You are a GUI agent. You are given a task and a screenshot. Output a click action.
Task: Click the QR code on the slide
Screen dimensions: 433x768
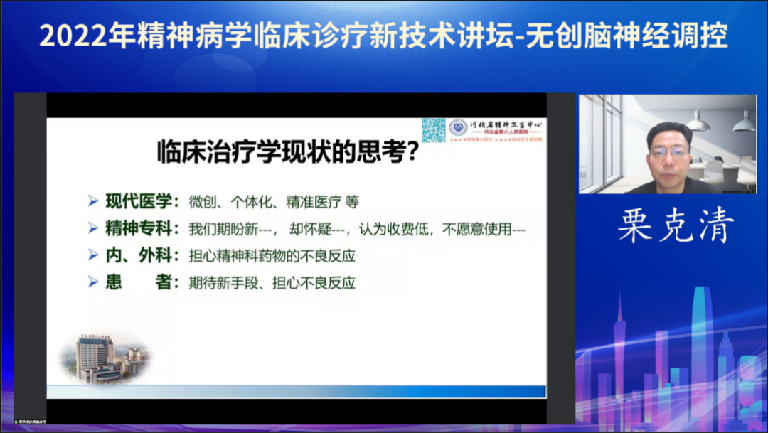[x=433, y=129]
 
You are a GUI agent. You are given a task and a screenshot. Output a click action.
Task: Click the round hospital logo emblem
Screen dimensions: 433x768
[x=458, y=127]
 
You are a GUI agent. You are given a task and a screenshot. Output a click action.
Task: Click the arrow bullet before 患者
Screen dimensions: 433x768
[x=92, y=282]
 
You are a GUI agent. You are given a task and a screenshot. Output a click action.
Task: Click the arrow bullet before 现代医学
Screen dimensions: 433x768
[x=92, y=201]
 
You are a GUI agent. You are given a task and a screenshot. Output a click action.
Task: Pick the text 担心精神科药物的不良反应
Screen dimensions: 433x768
[x=272, y=255]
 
